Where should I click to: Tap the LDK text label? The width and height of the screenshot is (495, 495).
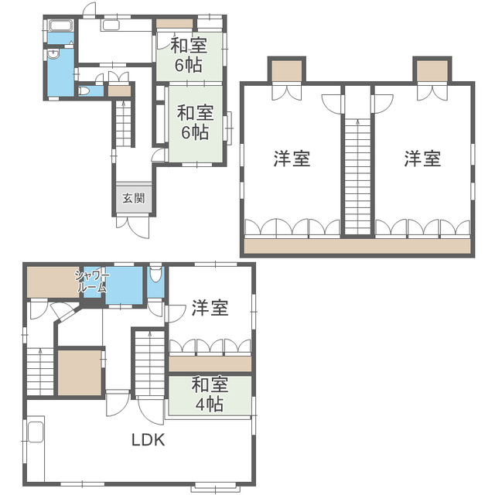147,440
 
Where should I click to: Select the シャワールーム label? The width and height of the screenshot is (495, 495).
92,281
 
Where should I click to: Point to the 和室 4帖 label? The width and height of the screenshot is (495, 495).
208,393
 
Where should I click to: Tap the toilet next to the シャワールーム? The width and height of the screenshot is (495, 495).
155,275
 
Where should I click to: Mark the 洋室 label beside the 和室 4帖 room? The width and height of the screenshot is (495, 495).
210,308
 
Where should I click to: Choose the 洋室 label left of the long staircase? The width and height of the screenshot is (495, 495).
292,159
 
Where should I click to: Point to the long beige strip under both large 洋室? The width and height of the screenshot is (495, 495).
357,247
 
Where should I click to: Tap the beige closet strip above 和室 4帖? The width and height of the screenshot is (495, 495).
210,364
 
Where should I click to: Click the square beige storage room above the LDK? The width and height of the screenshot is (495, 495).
80,373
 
